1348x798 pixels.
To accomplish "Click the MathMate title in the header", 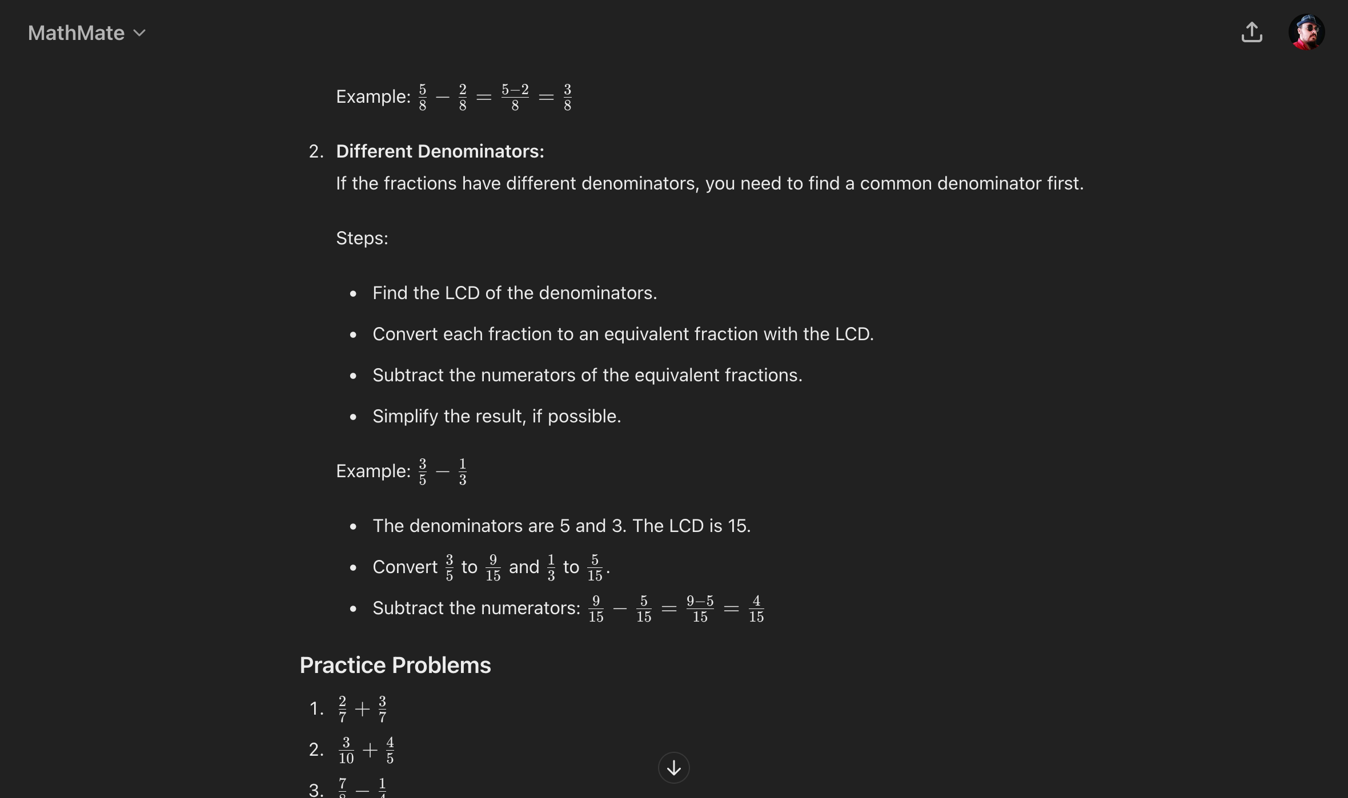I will tap(76, 33).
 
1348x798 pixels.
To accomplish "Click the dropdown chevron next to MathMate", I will tap(139, 33).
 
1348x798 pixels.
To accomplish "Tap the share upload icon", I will tap(1251, 32).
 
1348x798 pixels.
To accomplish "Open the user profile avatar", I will tap(1306, 32).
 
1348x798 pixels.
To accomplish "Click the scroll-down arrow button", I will tap(673, 768).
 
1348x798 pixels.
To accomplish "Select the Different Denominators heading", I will tap(440, 151).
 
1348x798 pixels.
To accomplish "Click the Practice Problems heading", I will tap(395, 665).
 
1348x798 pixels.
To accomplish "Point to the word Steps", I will tap(362, 238).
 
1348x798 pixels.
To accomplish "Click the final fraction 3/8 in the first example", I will tap(567, 97).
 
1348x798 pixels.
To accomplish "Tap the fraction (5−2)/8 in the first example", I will tap(515, 97).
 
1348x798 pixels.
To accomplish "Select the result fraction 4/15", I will tap(756, 608).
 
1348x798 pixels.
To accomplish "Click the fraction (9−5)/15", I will tap(700, 608).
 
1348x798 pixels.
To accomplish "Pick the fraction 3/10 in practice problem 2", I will tap(346, 750).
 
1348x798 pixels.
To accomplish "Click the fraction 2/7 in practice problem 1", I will tap(342, 709).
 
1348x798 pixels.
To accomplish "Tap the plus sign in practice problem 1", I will tap(362, 709).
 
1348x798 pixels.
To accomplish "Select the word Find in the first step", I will tap(390, 293).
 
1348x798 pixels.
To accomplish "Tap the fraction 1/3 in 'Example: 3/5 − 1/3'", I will tap(462, 471).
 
